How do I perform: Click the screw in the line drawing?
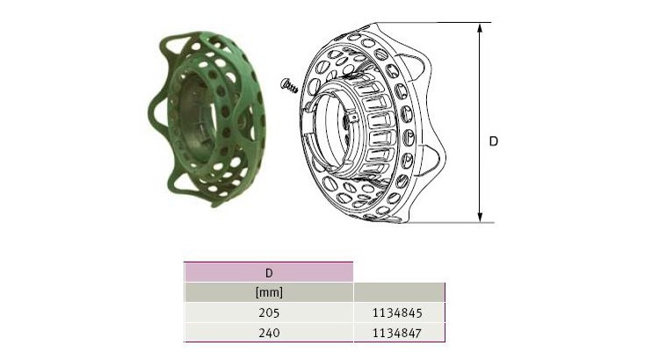[289, 86]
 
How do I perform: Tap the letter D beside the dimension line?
[494, 141]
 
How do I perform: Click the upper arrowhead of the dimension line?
[480, 29]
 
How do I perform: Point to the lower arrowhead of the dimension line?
[480, 216]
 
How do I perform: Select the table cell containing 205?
[269, 313]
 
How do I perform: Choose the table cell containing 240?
[269, 333]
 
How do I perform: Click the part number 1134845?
[397, 313]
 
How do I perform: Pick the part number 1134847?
[397, 333]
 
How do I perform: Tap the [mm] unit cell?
[269, 292]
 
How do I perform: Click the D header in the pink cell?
[269, 273]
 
